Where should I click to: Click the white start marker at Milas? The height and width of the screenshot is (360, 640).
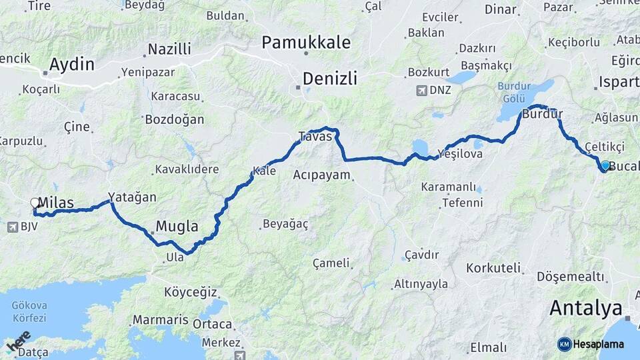(x=35, y=203)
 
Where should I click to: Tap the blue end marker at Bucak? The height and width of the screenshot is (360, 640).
(x=605, y=165)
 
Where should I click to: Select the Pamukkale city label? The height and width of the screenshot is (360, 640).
(x=306, y=43)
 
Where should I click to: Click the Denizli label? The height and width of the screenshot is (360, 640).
(x=329, y=79)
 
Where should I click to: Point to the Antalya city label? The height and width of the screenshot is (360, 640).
(x=586, y=308)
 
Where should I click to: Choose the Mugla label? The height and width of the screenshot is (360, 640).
(x=177, y=225)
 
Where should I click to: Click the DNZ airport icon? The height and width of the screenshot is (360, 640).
(x=421, y=90)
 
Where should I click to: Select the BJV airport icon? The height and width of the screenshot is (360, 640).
(x=12, y=227)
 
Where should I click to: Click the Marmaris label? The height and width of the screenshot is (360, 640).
(x=161, y=320)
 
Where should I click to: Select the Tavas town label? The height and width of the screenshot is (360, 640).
(x=315, y=136)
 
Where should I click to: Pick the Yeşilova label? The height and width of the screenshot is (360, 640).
(x=459, y=153)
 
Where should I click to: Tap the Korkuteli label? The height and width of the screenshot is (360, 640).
(x=492, y=268)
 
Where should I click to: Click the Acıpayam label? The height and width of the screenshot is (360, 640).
(x=321, y=175)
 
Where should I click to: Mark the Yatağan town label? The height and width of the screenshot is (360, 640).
(x=137, y=197)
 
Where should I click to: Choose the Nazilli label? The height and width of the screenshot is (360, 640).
(x=169, y=49)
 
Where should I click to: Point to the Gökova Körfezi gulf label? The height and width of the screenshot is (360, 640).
(x=29, y=311)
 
